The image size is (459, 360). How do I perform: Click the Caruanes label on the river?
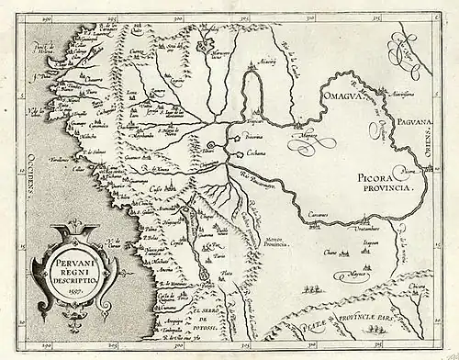[x=318, y=212]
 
